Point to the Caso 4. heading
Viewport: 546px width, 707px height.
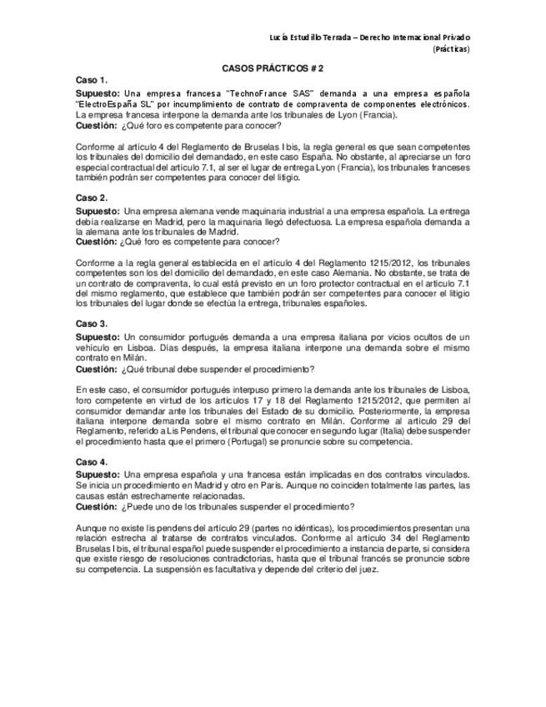[91, 461]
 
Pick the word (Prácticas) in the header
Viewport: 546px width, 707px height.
[451, 49]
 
